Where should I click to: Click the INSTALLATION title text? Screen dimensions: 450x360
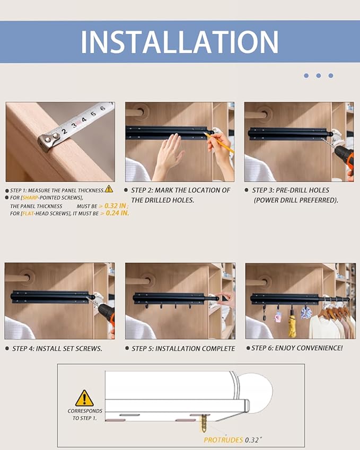click(x=180, y=41)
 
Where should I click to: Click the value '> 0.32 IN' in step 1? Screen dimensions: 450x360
click(x=113, y=206)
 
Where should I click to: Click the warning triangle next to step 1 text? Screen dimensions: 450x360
click(x=109, y=189)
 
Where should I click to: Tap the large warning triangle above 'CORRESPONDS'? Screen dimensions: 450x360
click(x=84, y=398)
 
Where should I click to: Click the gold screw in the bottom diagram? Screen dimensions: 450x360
click(x=203, y=423)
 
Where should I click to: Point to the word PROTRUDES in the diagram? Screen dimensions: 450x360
click(x=223, y=440)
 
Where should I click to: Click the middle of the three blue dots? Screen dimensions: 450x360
click(x=318, y=76)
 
